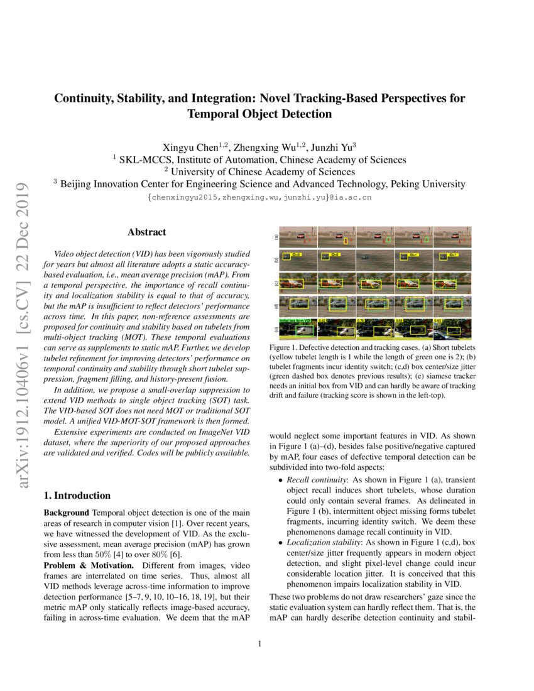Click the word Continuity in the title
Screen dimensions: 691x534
(x=83, y=99)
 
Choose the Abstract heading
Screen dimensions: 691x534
(x=147, y=232)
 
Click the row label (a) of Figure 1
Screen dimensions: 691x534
(x=276, y=237)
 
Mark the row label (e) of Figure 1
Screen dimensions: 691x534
(x=276, y=329)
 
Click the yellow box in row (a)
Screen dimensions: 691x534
(x=346, y=241)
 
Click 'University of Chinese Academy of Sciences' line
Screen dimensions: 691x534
(x=259, y=172)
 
